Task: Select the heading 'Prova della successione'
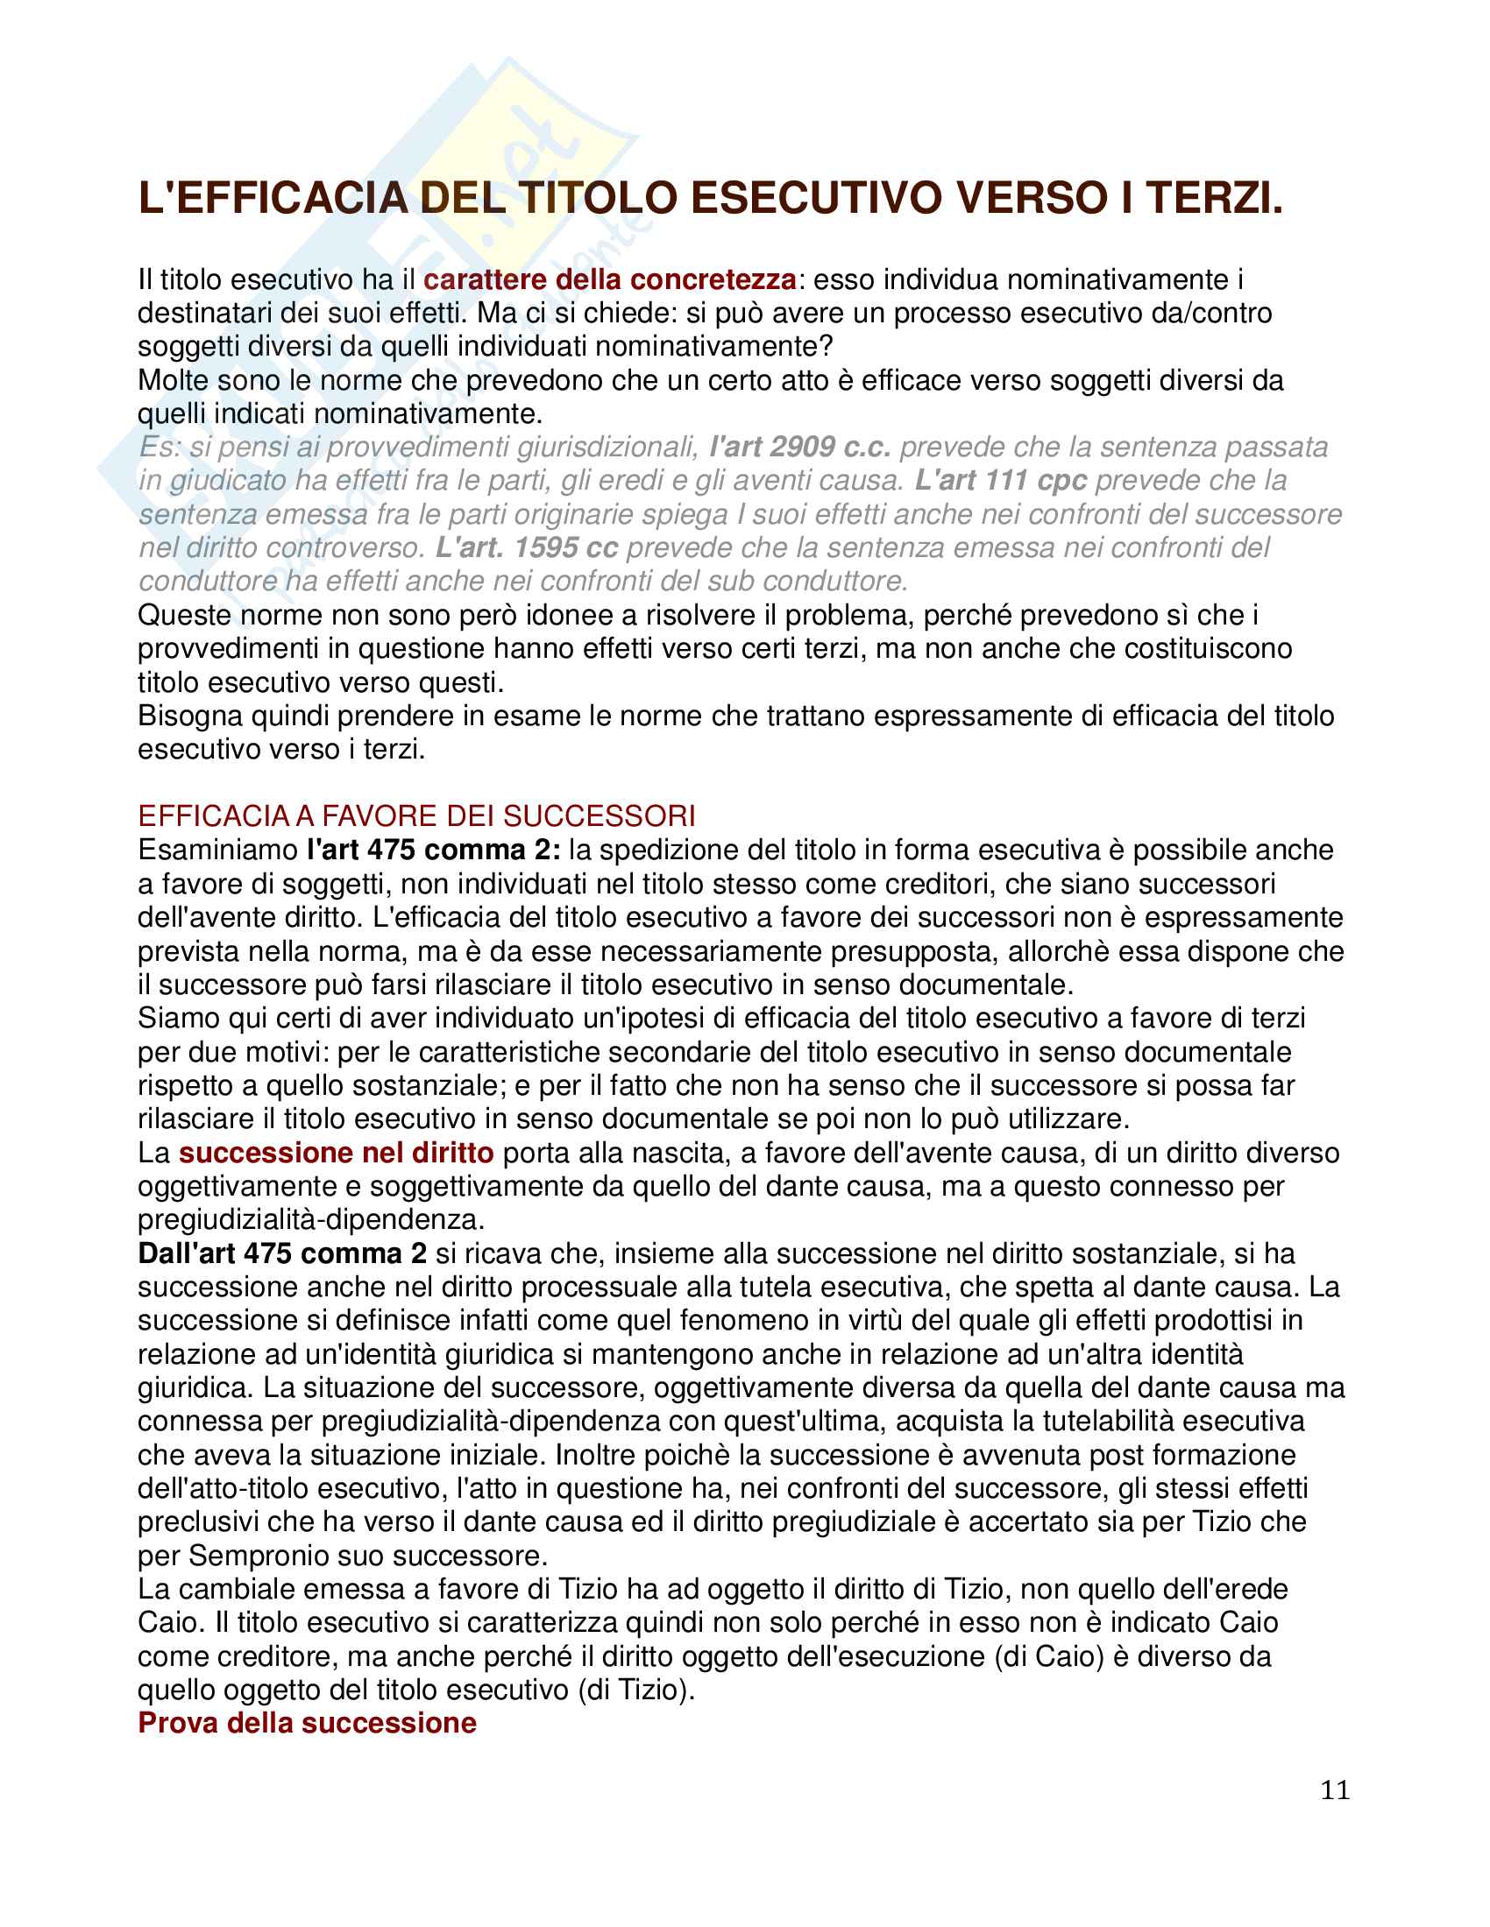click(306, 1722)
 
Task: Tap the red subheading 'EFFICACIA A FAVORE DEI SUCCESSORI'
click(416, 815)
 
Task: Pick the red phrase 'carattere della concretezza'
click(610, 279)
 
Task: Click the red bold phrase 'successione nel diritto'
click(337, 1153)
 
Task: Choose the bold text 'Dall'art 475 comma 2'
click(282, 1253)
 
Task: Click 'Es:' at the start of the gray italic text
click(159, 448)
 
